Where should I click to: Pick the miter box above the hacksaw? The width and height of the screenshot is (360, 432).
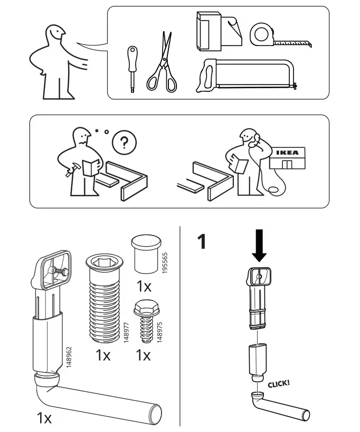tap(216, 32)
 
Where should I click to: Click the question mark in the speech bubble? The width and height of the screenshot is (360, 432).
tap(124, 143)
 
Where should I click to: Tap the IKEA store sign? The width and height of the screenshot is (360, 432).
tap(287, 153)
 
